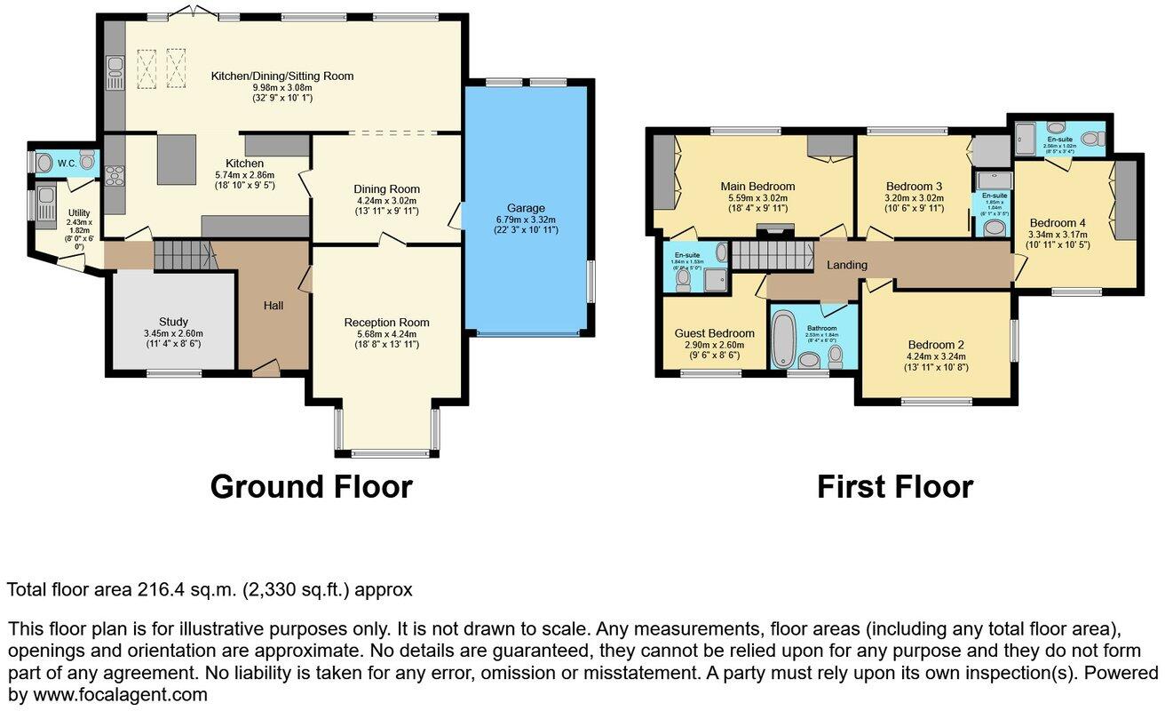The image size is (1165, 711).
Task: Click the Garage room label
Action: [x=527, y=208]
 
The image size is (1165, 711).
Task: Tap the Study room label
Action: [x=173, y=322]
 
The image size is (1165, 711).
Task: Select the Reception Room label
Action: [x=386, y=323]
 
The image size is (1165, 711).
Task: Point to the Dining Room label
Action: [x=386, y=189]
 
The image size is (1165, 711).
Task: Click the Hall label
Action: [x=273, y=306]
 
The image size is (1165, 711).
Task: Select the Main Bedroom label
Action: [x=757, y=187]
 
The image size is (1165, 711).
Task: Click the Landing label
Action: [x=846, y=265]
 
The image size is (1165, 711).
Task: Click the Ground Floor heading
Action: [x=311, y=487]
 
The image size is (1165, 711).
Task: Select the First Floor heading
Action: [x=894, y=487]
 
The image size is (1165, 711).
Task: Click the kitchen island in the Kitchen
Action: [x=177, y=159]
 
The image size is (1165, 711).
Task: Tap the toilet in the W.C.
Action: [x=86, y=160]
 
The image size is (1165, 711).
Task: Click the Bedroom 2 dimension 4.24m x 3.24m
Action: [x=935, y=356]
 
